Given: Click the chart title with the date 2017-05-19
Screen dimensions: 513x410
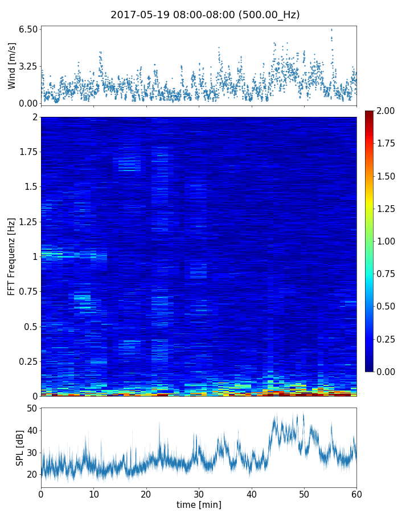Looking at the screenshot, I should pyautogui.click(x=205, y=15).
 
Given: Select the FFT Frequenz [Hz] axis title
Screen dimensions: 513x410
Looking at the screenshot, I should pyautogui.click(x=12, y=256).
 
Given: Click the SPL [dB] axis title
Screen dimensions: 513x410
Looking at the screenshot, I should pyautogui.click(x=20, y=447).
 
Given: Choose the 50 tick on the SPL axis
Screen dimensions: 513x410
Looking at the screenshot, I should pyautogui.click(x=31, y=409).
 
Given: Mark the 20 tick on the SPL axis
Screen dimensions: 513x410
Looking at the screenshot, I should pyautogui.click(x=31, y=474).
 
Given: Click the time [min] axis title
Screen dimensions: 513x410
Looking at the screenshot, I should pyautogui.click(x=199, y=504).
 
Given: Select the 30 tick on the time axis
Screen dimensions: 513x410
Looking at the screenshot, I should pyautogui.click(x=199, y=492).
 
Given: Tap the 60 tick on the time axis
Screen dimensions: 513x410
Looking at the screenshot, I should pyautogui.click(x=356, y=492).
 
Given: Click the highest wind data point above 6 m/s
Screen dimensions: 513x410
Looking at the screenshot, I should pyautogui.click(x=331, y=30).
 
